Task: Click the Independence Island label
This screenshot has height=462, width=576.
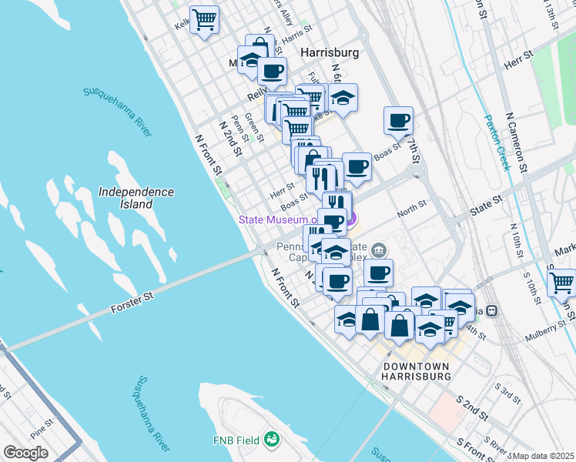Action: tap(136, 198)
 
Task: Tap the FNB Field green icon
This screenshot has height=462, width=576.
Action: tap(270, 439)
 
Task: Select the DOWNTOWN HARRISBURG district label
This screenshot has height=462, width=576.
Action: tap(416, 371)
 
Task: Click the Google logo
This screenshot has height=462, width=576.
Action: tap(26, 452)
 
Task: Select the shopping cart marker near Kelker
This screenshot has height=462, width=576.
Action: tap(204, 18)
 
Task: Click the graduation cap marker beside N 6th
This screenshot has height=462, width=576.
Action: tap(343, 97)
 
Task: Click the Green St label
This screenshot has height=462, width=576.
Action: tap(254, 128)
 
